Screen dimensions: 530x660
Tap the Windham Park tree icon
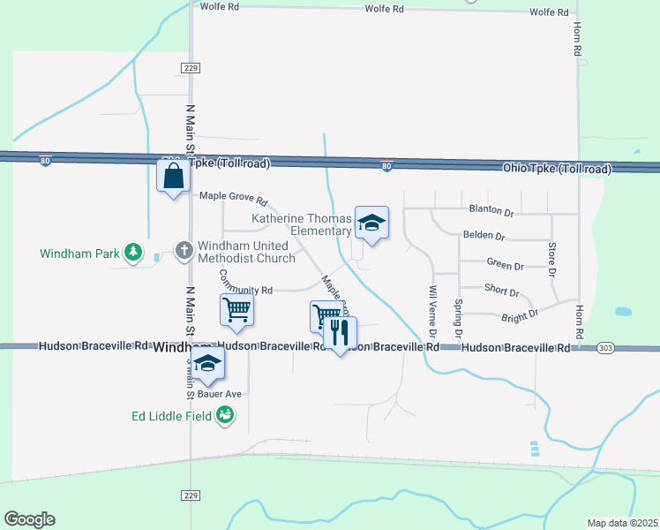pos(133,253)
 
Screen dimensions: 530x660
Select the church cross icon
pos(184,251)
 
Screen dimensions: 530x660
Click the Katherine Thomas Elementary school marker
pos(371,224)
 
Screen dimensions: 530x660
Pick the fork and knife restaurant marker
pos(340,333)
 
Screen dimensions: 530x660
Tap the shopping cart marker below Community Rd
pos(236,311)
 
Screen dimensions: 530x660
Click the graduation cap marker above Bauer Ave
pos(207,362)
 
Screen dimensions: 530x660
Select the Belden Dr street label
pos(484,237)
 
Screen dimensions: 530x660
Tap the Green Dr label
pos(505,265)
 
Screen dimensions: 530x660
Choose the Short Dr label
pos(501,289)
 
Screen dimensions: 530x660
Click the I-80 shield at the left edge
pos(45,160)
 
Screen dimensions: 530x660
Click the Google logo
pos(29,519)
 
